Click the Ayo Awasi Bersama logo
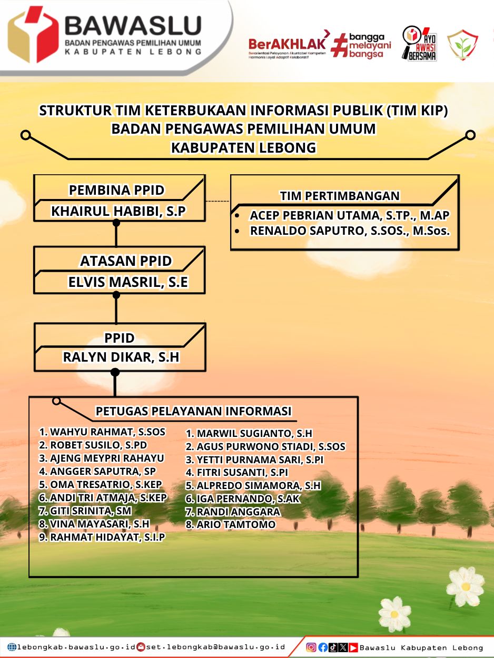pyautogui.click(x=419, y=44)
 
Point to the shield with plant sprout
pyautogui.click(x=462, y=45)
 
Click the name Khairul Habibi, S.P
pyautogui.click(x=118, y=211)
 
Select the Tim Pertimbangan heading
pyautogui.click(x=340, y=196)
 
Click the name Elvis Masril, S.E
pyautogui.click(x=128, y=282)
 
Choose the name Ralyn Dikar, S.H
pyautogui.click(x=121, y=357)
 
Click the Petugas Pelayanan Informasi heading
pyautogui.click(x=193, y=411)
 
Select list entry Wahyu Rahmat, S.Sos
pyautogui.click(x=102, y=432)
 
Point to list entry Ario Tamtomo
pyautogui.click(x=230, y=524)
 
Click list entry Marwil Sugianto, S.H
pyautogui.click(x=249, y=433)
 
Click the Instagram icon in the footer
pyautogui.click(x=311, y=647)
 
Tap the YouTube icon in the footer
pyautogui.click(x=353, y=647)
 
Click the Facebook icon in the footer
pyautogui.click(x=323, y=647)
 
